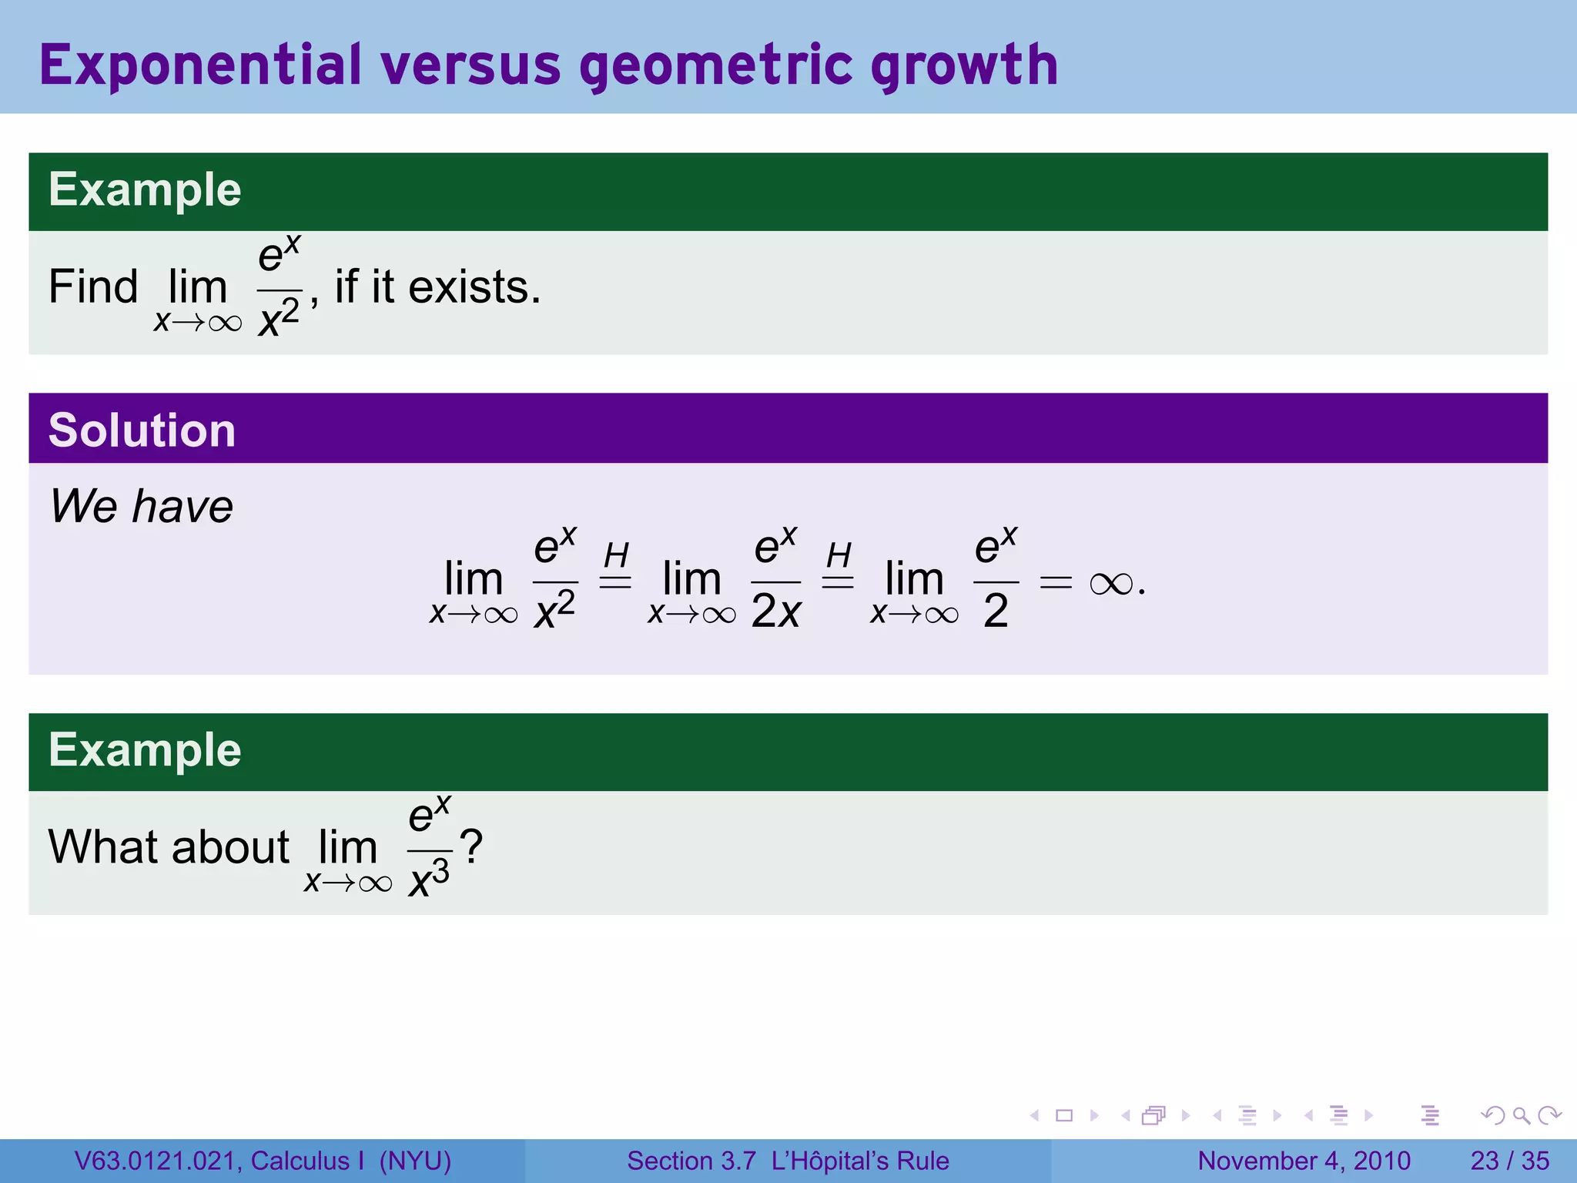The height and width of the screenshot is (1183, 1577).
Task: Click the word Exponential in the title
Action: (x=200, y=65)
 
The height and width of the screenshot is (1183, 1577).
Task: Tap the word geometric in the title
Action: (x=716, y=65)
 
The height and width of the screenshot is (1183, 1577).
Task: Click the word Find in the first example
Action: (x=92, y=287)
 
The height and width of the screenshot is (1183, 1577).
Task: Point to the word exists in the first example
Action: (x=473, y=287)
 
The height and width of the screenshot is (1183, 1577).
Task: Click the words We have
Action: (x=142, y=506)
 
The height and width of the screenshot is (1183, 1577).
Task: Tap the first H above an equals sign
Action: (x=616, y=555)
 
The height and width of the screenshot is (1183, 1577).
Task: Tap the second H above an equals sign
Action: (x=839, y=555)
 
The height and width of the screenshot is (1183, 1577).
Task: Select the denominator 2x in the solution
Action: (x=776, y=612)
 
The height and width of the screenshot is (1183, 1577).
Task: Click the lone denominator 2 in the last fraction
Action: (x=996, y=612)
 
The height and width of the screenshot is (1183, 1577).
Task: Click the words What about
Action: (x=169, y=846)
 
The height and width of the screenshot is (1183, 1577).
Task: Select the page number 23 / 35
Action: (x=1509, y=1161)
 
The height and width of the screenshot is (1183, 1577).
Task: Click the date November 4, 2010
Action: (x=1304, y=1161)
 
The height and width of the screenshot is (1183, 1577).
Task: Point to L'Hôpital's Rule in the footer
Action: (x=860, y=1161)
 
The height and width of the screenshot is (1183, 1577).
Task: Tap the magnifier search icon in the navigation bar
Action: (x=1521, y=1115)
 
